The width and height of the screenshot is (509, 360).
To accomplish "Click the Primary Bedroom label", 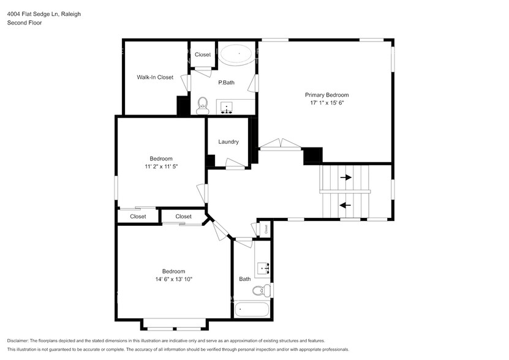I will coord(326,95).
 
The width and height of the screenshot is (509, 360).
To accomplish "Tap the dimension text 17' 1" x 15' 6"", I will coord(326,103).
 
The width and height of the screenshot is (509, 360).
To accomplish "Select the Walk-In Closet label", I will coord(155,77).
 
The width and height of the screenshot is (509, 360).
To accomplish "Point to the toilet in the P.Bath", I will coord(203,106).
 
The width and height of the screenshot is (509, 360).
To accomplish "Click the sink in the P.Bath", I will coord(228,108).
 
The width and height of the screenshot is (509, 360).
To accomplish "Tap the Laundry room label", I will coord(228,142).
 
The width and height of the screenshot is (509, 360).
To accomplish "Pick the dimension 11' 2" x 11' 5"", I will coord(161,167).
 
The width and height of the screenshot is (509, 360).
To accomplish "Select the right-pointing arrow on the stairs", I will coord(346,178).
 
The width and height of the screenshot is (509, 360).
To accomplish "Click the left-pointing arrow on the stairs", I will coord(345,206).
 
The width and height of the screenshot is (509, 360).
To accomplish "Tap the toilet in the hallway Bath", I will coord(260,290).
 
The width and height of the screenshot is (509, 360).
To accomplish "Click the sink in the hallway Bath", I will coord(265,268).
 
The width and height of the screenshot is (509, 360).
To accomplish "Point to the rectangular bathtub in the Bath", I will coord(252,310).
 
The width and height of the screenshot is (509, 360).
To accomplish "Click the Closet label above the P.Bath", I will coord(203,54).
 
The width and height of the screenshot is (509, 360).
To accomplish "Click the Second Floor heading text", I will coord(24,23).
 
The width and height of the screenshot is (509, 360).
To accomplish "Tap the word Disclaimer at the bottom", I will coord(21,340).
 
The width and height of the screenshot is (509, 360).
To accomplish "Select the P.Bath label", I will coord(227,82).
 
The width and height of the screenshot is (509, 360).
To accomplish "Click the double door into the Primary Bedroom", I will coord(280,146).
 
